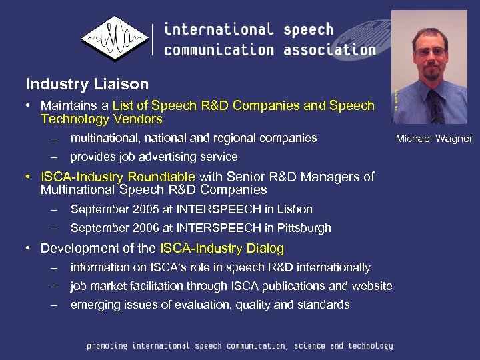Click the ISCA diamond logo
coord(114,39)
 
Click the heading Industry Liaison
coord(87,85)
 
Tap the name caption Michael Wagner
coord(433,139)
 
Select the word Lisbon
coord(296,209)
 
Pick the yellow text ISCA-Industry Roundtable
coord(118,177)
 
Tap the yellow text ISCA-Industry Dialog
coord(222,249)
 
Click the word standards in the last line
coord(325,305)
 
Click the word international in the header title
coord(219,30)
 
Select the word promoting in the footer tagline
coord(107,346)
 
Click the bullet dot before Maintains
coord(31,105)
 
